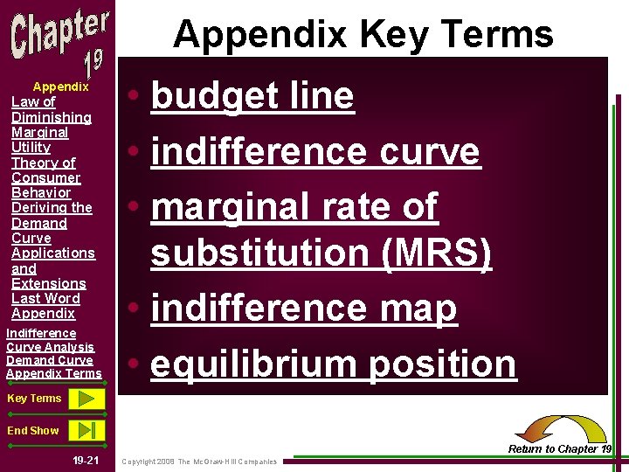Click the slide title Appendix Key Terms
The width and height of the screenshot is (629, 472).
coord(363,34)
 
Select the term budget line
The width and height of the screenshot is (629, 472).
coord(252,96)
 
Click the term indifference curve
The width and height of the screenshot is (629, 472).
coord(315,151)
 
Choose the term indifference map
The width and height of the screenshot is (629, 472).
coord(304,309)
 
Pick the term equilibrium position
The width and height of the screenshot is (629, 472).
coord(334,364)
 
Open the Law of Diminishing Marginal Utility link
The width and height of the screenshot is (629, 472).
coord(51,124)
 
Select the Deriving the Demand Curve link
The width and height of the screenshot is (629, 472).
coord(51,223)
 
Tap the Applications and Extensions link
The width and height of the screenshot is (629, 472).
coord(52,268)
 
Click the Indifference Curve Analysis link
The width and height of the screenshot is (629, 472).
coord(50,340)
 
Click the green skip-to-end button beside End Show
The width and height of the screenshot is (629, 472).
coord(86,430)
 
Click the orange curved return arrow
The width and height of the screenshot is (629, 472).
coord(560,428)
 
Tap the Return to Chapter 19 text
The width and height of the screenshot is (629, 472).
coord(559,449)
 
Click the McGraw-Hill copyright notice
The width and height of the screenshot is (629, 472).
coord(199,461)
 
